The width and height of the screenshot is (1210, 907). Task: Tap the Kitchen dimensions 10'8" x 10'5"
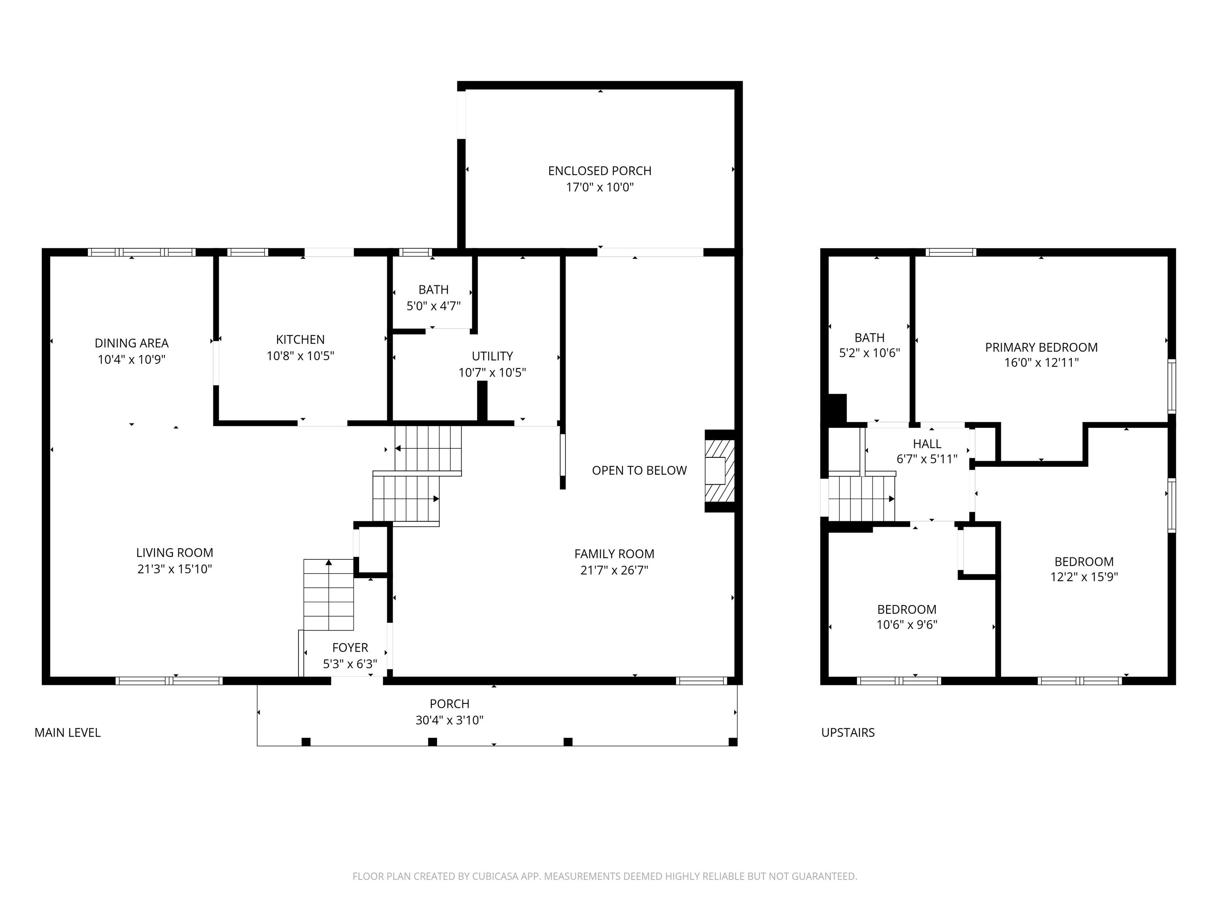point(300,356)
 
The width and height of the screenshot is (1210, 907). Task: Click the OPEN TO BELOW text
point(639,471)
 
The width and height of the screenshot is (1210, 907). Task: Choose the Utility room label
point(492,356)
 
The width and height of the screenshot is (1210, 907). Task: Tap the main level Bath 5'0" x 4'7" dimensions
point(433,306)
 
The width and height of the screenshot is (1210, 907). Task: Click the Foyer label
point(350,648)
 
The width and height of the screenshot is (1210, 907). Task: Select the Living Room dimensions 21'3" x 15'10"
point(174,569)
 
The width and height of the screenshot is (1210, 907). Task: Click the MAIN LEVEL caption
point(67,733)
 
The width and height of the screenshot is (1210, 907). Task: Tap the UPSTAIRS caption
point(848,733)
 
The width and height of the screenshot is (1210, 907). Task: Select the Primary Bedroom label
point(1041,348)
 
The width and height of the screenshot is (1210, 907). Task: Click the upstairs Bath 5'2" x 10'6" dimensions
point(869,353)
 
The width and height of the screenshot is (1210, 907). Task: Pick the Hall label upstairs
point(927,444)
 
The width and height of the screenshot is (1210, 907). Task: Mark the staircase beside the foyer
point(329,595)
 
